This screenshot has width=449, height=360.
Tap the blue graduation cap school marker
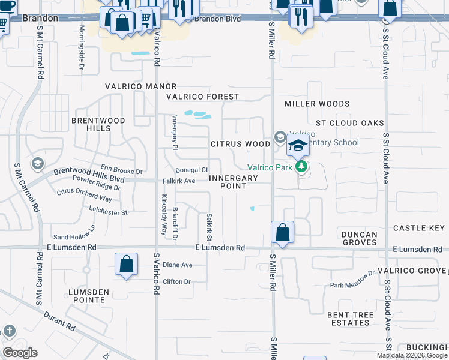(x=298, y=145)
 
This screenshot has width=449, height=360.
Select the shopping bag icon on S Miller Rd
(x=282, y=232)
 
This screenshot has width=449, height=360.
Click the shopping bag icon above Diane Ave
(x=126, y=264)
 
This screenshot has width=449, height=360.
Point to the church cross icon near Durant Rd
(x=10, y=331)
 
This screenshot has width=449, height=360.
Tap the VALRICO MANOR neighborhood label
(x=141, y=86)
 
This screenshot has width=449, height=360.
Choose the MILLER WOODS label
(x=317, y=104)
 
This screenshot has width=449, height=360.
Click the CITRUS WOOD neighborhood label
(x=240, y=144)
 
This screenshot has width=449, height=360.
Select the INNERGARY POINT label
(x=234, y=182)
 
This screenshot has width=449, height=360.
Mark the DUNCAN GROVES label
(x=360, y=239)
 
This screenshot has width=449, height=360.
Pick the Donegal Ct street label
(x=191, y=170)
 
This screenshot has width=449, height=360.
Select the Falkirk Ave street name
(x=179, y=181)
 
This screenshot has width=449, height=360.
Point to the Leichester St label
(x=108, y=212)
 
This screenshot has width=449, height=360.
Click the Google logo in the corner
(x=20, y=353)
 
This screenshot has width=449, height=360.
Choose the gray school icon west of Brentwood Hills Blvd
(x=37, y=164)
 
